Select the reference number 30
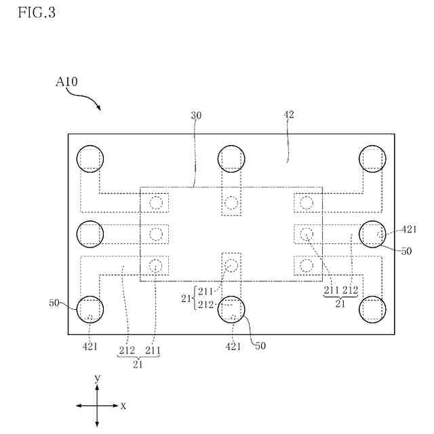pos(195,116)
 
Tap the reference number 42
pos(288,116)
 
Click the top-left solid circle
pos(90,159)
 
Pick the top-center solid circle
pos(231,159)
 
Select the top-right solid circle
pos(372,159)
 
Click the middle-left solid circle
pos(90,234)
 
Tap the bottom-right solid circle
pos(372,309)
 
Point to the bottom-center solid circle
pos(231,309)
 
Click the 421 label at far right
pos(408,229)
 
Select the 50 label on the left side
pos(54,303)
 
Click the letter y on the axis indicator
pos(98,377)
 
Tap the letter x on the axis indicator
pos(123,406)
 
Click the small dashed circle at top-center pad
pos(231,202)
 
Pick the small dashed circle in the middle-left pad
pos(157,234)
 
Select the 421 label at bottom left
pos(90,347)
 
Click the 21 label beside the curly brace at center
pos(186,298)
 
